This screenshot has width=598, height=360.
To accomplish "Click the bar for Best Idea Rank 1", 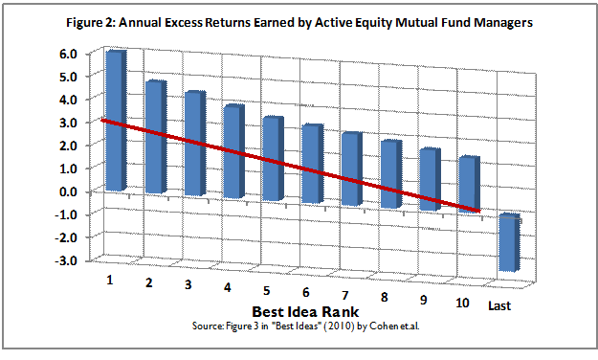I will [115, 120].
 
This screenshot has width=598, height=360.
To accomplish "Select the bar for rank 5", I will [272, 159].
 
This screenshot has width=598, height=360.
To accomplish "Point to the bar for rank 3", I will [193, 144].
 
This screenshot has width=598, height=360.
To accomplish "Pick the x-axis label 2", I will [148, 282].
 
